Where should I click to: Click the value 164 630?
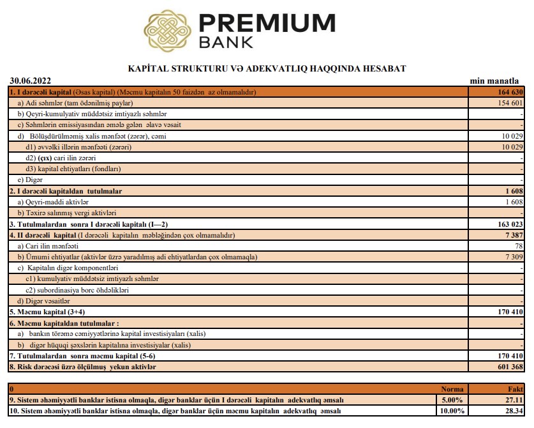(x=508, y=92)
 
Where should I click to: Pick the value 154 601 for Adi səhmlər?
(x=508, y=103)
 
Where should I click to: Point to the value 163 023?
(x=508, y=224)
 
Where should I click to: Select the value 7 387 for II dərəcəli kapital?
(x=512, y=235)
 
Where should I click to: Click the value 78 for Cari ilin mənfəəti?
(x=518, y=246)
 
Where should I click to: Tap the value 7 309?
(x=512, y=257)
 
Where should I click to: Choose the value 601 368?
(x=508, y=367)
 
